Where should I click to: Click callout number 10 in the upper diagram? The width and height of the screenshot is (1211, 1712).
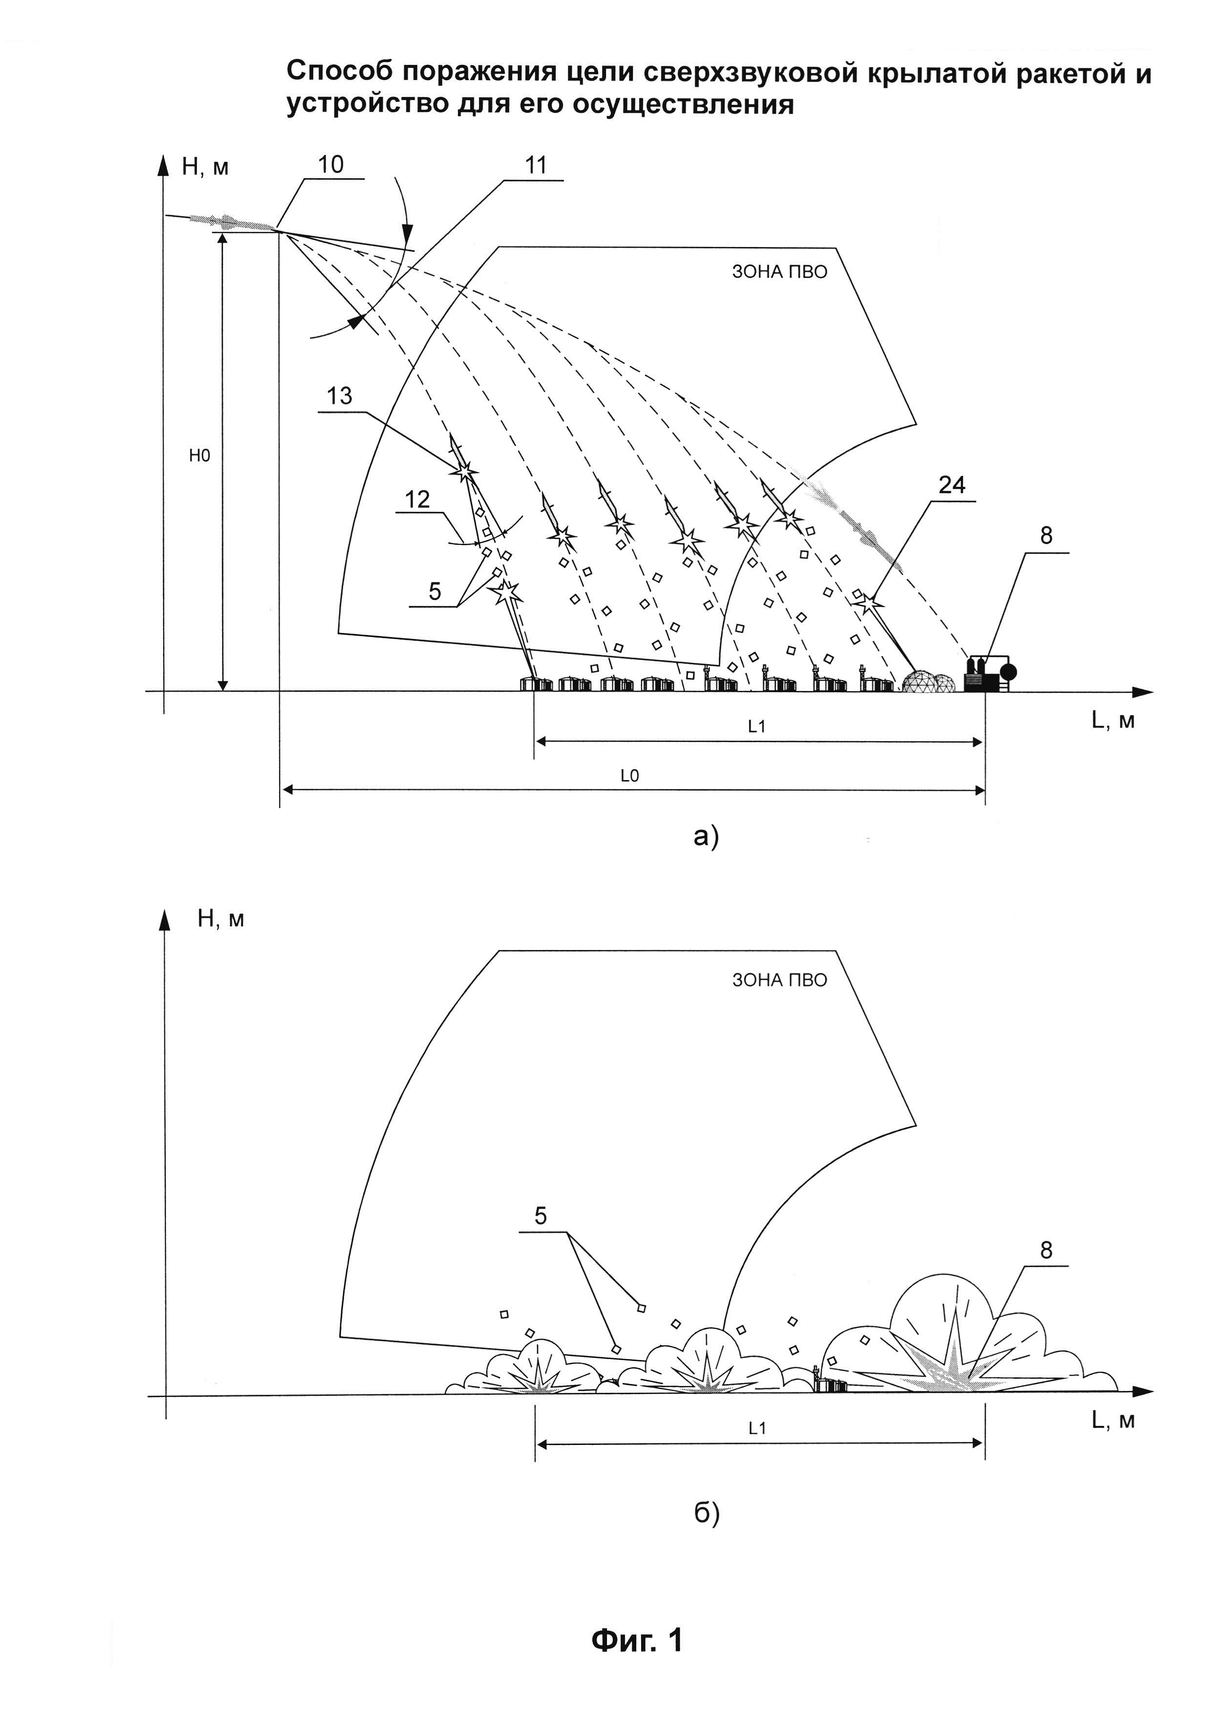331,165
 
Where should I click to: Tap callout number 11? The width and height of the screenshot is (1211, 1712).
535,165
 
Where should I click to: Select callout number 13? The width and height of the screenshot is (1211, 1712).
339,396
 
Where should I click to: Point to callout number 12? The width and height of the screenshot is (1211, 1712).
418,499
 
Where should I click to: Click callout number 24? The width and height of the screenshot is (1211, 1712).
952,485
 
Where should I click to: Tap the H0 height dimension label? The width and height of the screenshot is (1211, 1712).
199,456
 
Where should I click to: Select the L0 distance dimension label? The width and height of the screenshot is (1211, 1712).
630,776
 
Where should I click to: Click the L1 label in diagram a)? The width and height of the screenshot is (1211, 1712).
757,727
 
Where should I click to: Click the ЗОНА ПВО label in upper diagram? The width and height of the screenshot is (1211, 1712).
779,272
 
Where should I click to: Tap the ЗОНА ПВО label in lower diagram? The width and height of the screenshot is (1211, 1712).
779,980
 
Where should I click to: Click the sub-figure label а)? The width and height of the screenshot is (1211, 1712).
706,837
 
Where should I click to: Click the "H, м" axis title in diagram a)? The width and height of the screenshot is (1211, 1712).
205,167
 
